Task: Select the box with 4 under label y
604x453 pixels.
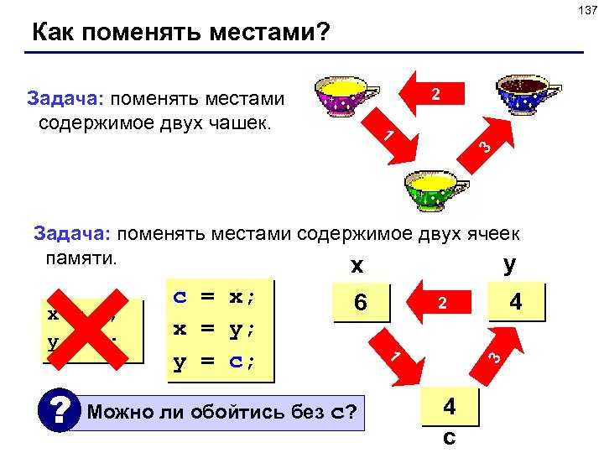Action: click(x=516, y=301)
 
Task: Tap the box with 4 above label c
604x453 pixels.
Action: click(x=450, y=408)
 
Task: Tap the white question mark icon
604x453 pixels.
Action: click(x=58, y=412)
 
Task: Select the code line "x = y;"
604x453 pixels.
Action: click(x=214, y=330)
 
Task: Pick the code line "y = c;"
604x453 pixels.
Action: click(x=214, y=362)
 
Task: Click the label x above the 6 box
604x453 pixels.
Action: click(x=357, y=266)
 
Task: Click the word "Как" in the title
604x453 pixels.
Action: click(x=55, y=33)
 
